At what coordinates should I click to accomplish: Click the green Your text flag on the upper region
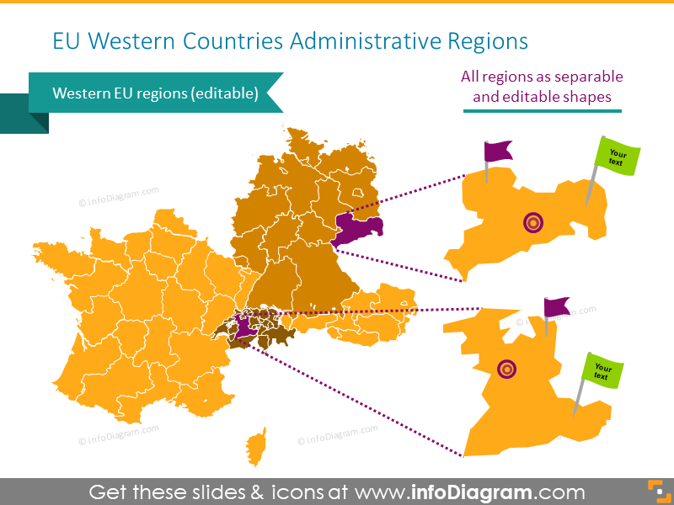[618, 156]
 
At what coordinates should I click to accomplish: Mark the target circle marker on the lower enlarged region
[506, 368]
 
